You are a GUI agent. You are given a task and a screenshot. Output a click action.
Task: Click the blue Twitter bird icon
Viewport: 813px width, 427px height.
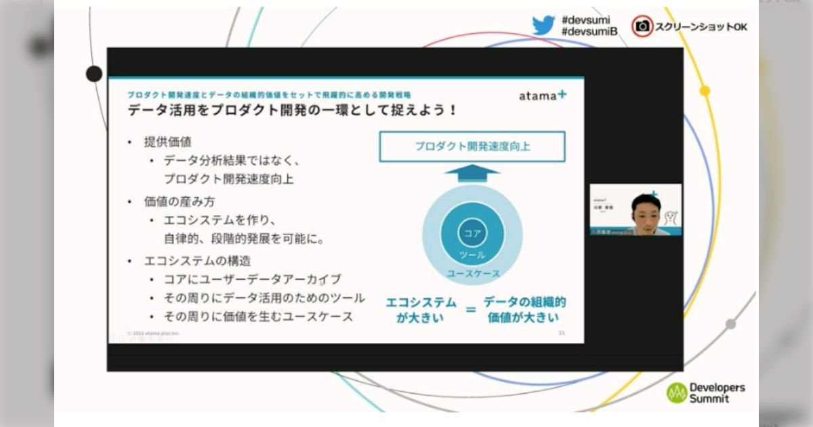coord(543,25)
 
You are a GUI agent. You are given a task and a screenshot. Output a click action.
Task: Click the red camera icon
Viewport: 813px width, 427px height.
coord(642,26)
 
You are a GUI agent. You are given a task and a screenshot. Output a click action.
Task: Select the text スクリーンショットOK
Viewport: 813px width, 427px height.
coord(701,27)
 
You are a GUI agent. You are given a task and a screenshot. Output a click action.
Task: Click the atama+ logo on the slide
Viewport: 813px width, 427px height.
coord(543,96)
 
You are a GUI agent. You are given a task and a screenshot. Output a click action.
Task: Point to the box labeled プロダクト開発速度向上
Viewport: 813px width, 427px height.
coord(472,146)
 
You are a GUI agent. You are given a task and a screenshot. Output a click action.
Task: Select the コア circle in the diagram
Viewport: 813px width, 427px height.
coord(472,233)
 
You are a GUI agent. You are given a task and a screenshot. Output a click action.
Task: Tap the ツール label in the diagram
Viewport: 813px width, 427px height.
coord(472,255)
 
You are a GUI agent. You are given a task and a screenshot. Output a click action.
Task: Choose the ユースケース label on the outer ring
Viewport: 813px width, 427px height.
coord(472,273)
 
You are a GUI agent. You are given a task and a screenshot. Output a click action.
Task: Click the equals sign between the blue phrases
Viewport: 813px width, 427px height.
coord(470,310)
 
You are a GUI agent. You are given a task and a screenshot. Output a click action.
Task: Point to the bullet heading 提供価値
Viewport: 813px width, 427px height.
coord(167,142)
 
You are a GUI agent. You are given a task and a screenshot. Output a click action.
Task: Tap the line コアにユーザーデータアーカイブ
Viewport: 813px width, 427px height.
coord(252,279)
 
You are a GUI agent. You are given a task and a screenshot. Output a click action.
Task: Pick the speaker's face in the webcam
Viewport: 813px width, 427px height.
coord(645,211)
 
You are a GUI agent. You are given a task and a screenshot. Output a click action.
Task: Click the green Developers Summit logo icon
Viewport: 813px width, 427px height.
coord(676,393)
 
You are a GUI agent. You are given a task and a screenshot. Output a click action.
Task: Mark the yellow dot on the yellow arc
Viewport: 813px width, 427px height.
coord(705,90)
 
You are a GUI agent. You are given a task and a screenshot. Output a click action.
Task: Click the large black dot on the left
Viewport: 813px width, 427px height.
coord(94,74)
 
